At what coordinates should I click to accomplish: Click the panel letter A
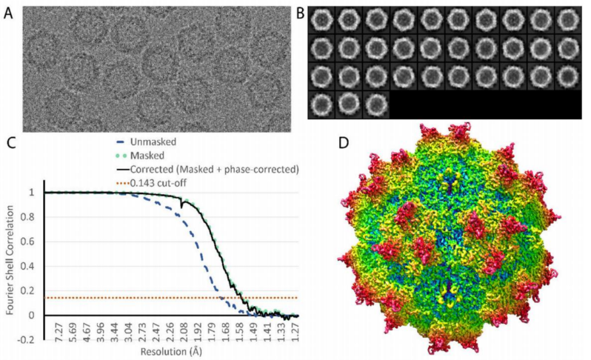click(8, 13)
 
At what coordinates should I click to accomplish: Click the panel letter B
click(300, 13)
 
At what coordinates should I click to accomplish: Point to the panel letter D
click(344, 143)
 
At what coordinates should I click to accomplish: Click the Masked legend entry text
click(147, 156)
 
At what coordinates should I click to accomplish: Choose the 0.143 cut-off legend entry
click(158, 183)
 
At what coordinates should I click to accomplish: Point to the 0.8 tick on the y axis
click(31, 217)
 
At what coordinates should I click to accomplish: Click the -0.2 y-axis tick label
click(29, 340)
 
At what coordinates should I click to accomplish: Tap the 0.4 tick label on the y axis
click(31, 266)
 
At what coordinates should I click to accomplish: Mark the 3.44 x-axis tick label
click(116, 331)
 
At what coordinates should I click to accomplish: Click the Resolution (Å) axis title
click(171, 352)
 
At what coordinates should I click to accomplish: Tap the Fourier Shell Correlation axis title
click(10, 260)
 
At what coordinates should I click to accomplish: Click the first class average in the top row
click(321, 19)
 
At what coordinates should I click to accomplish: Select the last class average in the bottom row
click(376, 104)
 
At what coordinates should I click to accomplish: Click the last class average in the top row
click(568, 19)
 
